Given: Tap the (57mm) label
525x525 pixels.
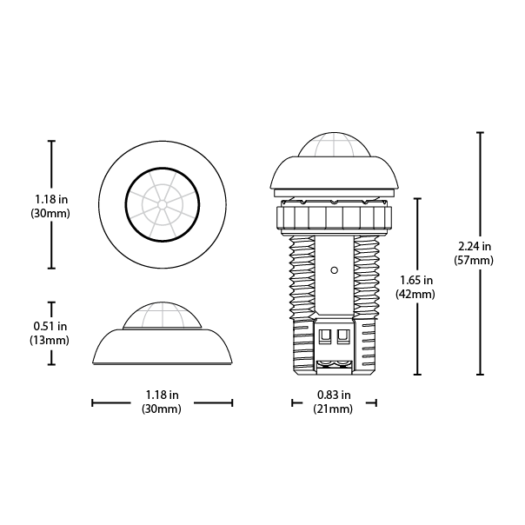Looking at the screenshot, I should [474, 260].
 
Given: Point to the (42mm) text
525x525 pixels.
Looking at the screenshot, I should [415, 294].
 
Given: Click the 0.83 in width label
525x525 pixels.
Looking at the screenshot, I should [334, 395].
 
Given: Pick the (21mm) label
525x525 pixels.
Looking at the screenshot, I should [334, 409].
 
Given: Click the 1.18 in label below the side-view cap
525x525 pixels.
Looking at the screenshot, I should [162, 395].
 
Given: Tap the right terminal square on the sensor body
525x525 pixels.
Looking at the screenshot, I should [343, 335].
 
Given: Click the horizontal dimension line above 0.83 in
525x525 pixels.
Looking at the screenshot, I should [334, 402].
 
